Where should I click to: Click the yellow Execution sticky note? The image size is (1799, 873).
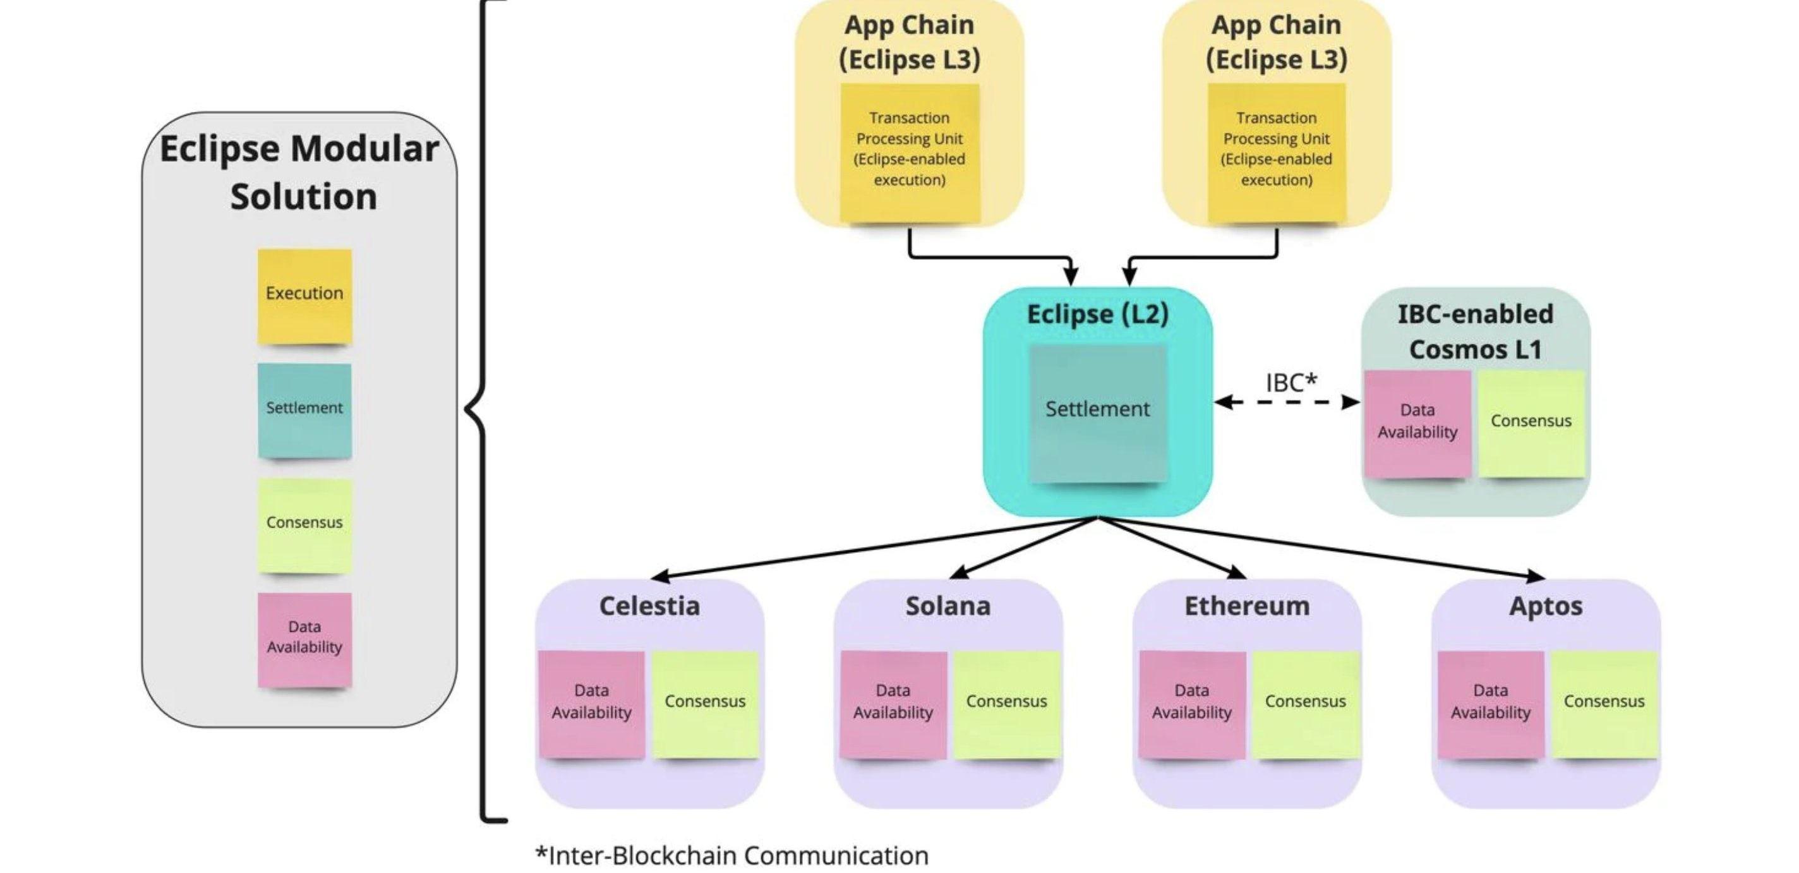point(304,296)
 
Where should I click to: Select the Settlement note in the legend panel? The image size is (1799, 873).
point(304,410)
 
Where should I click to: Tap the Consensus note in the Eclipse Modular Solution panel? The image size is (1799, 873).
point(304,525)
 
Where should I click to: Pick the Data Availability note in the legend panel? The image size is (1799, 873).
point(304,639)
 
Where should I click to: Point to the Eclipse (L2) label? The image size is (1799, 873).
point(1097,315)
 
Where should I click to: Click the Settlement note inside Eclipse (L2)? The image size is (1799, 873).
point(1098,412)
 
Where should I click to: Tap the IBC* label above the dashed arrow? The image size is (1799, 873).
point(1291,382)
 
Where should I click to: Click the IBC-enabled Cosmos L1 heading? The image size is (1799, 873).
point(1475,332)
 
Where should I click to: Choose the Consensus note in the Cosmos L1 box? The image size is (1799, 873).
point(1531,423)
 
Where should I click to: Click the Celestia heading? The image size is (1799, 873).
point(649,606)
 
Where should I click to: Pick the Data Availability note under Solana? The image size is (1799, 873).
point(893,703)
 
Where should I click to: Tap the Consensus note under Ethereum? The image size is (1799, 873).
point(1305,703)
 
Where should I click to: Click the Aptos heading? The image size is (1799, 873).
point(1546,606)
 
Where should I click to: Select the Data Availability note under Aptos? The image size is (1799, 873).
point(1490,703)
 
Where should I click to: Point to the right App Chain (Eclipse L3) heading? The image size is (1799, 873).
point(1277,42)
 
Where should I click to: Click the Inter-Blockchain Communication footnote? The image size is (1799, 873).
point(732,855)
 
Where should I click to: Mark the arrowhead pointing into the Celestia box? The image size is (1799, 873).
point(658,577)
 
